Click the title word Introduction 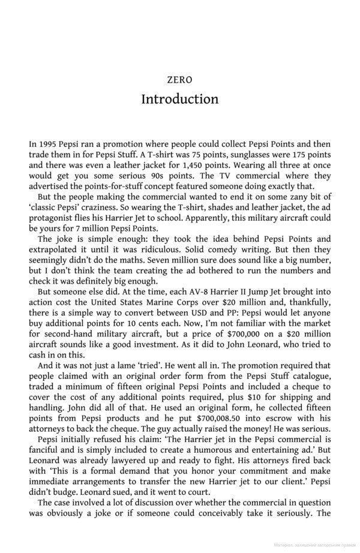point(180,98)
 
